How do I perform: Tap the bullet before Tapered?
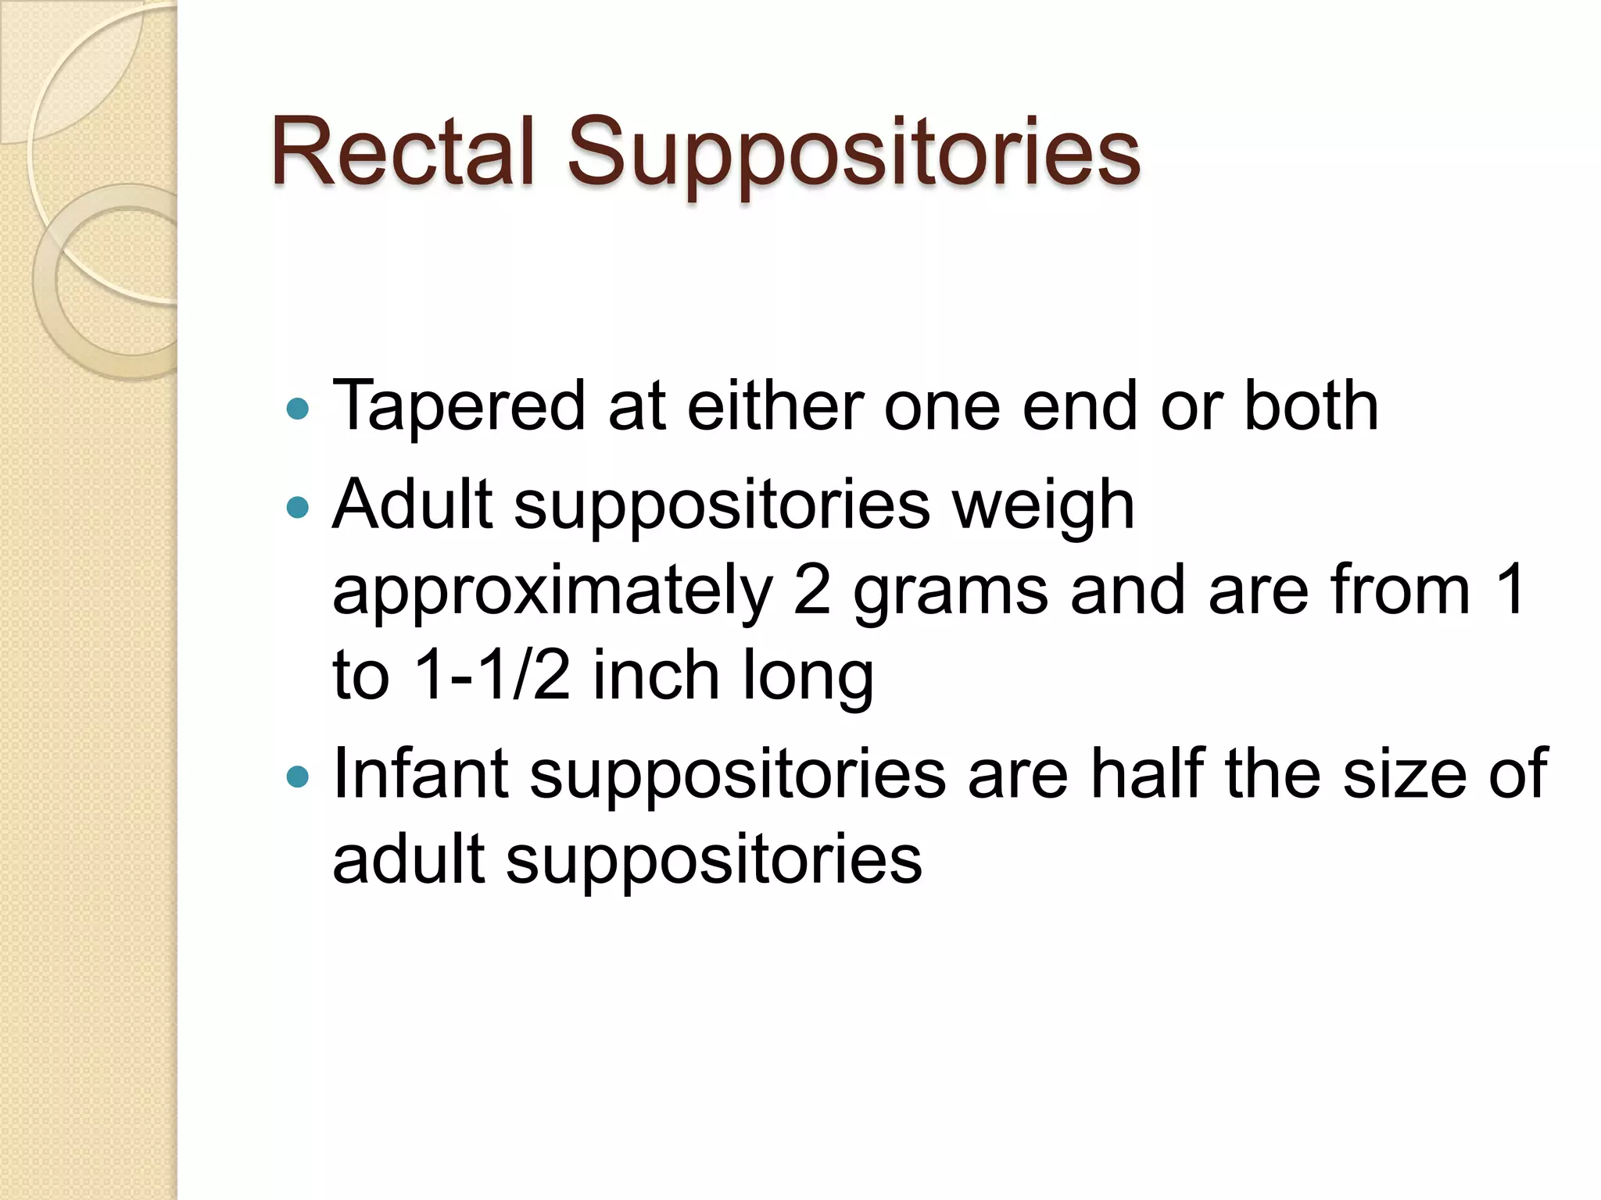pyautogui.click(x=298, y=409)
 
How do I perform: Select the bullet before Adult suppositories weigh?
pyautogui.click(x=298, y=509)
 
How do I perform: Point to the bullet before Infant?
pyautogui.click(x=298, y=777)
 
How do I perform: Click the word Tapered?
pyautogui.click(x=459, y=407)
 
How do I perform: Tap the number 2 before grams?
pyautogui.click(x=812, y=591)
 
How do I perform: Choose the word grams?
pyautogui.click(x=951, y=594)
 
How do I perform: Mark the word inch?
pyautogui.click(x=656, y=675)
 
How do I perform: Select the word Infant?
pyautogui.click(x=421, y=773)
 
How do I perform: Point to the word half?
pyautogui.click(x=1147, y=773)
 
